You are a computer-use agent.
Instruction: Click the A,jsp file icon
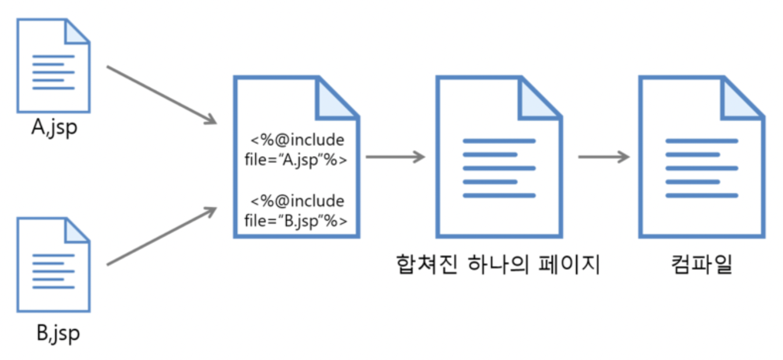[53, 65]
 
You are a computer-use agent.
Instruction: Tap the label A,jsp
[54, 128]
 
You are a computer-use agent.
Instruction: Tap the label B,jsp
[57, 333]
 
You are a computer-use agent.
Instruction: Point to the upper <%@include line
[298, 140]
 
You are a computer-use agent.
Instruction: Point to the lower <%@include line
[298, 202]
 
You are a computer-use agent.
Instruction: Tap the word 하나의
[497, 265]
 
